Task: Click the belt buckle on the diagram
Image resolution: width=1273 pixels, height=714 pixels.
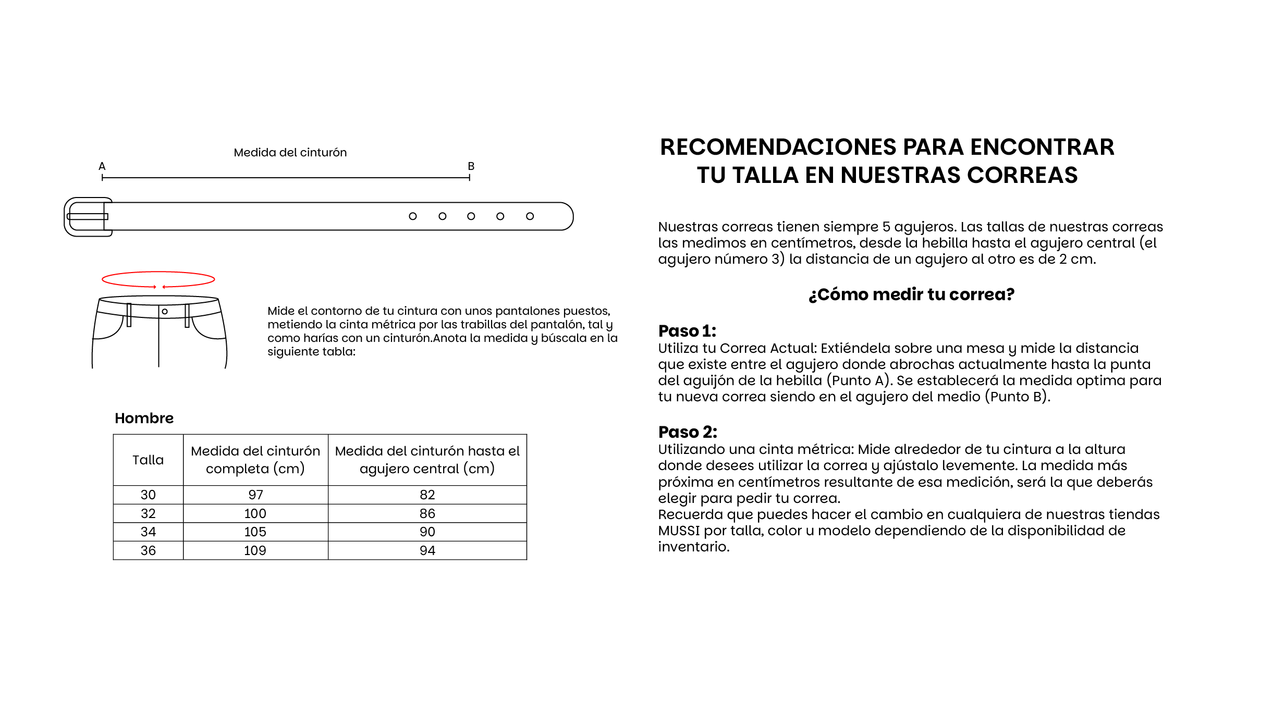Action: click(x=88, y=217)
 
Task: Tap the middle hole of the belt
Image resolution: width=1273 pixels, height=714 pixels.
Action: click(x=471, y=216)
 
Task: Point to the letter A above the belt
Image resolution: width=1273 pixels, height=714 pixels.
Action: click(x=102, y=166)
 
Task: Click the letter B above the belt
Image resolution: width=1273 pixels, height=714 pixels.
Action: click(x=471, y=166)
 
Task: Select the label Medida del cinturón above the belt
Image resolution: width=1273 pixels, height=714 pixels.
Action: click(x=290, y=153)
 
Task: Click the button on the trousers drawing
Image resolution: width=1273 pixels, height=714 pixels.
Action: click(x=165, y=312)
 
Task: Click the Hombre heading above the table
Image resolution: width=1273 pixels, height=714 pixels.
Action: click(x=144, y=418)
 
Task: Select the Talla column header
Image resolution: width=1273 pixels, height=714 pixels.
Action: click(x=148, y=460)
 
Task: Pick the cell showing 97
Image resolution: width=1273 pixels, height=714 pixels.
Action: click(x=255, y=495)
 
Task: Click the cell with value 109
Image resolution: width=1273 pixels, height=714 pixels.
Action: click(x=255, y=550)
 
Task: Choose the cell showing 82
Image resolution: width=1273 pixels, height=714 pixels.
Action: click(x=427, y=495)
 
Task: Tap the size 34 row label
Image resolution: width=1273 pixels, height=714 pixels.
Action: click(x=148, y=532)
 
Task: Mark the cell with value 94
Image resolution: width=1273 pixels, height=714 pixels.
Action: click(x=427, y=550)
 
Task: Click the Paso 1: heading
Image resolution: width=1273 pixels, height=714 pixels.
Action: click(x=687, y=331)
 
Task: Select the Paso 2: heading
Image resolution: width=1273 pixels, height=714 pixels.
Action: click(x=688, y=432)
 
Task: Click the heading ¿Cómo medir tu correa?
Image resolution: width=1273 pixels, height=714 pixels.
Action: click(x=911, y=294)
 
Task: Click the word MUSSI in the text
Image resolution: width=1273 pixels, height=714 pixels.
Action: click(x=679, y=531)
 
